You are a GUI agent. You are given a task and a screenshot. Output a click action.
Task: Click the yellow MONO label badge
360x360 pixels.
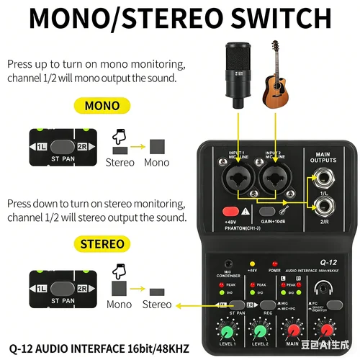pos(102,106)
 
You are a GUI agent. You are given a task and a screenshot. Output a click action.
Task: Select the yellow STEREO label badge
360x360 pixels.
pos(102,244)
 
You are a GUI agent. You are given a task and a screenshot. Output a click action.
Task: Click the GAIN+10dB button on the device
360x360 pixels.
pos(270,212)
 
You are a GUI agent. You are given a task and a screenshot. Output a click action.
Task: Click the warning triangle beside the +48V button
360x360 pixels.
pos(246,212)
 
